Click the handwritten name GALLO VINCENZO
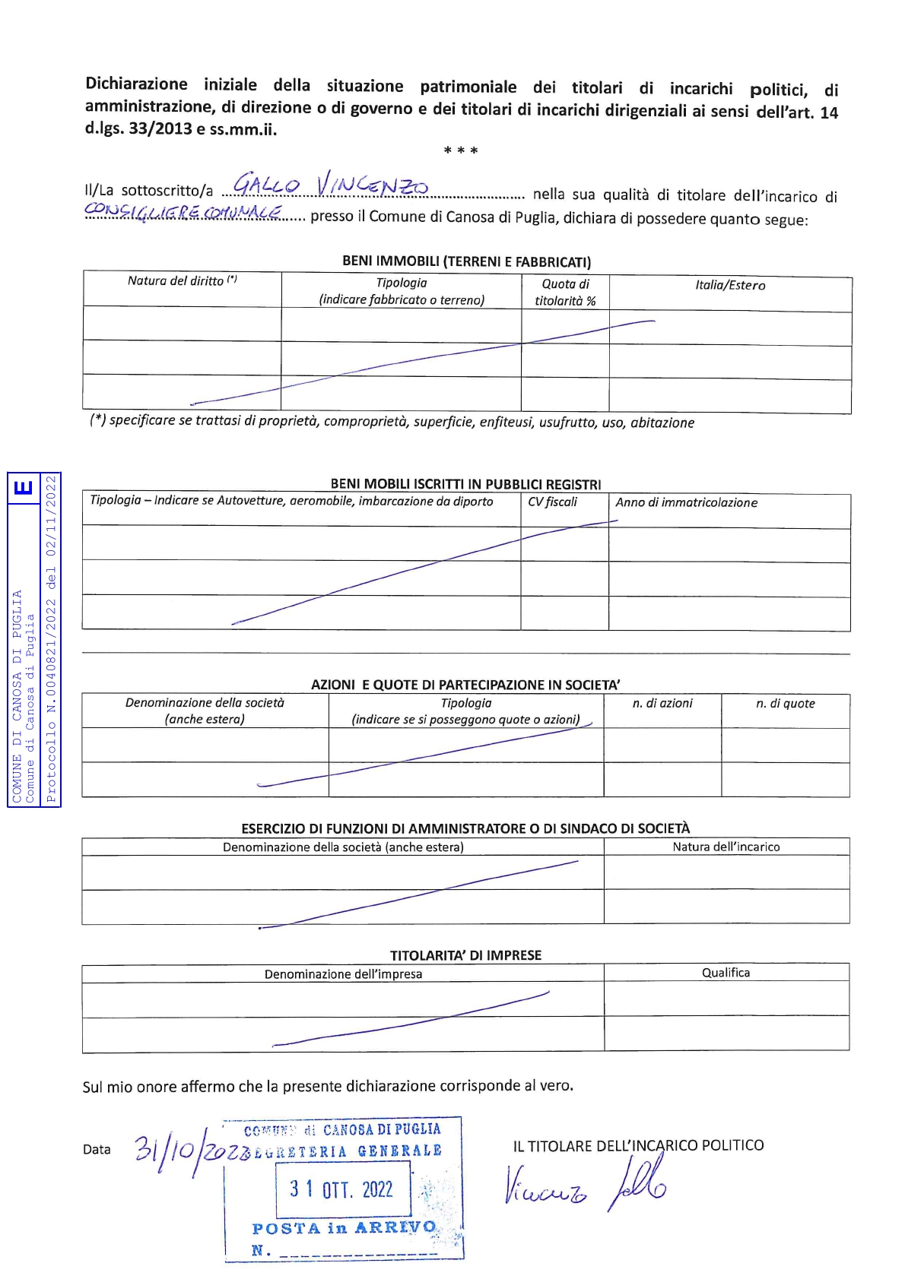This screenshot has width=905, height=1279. (x=331, y=185)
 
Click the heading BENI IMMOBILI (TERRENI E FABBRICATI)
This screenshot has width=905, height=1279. (x=466, y=261)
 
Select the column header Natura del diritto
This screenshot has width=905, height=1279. (x=182, y=280)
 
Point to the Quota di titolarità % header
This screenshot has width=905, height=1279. (x=565, y=292)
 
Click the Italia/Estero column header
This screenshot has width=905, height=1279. (x=730, y=285)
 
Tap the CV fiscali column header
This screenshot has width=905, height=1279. (x=552, y=502)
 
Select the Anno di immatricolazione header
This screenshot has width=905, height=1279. (x=686, y=502)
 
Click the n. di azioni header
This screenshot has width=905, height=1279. (x=662, y=703)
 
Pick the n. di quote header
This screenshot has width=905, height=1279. (x=785, y=704)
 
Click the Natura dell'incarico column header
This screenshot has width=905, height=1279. (x=726, y=847)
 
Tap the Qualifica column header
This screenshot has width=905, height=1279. (x=726, y=973)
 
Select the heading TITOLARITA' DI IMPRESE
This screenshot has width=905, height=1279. (x=465, y=955)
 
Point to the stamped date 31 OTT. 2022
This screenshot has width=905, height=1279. (x=341, y=1189)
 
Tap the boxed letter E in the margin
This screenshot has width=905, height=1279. (x=24, y=486)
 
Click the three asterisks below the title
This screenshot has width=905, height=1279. (x=461, y=150)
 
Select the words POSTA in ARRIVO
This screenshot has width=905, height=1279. (x=344, y=1228)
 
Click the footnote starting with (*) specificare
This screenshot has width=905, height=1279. (x=392, y=422)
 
